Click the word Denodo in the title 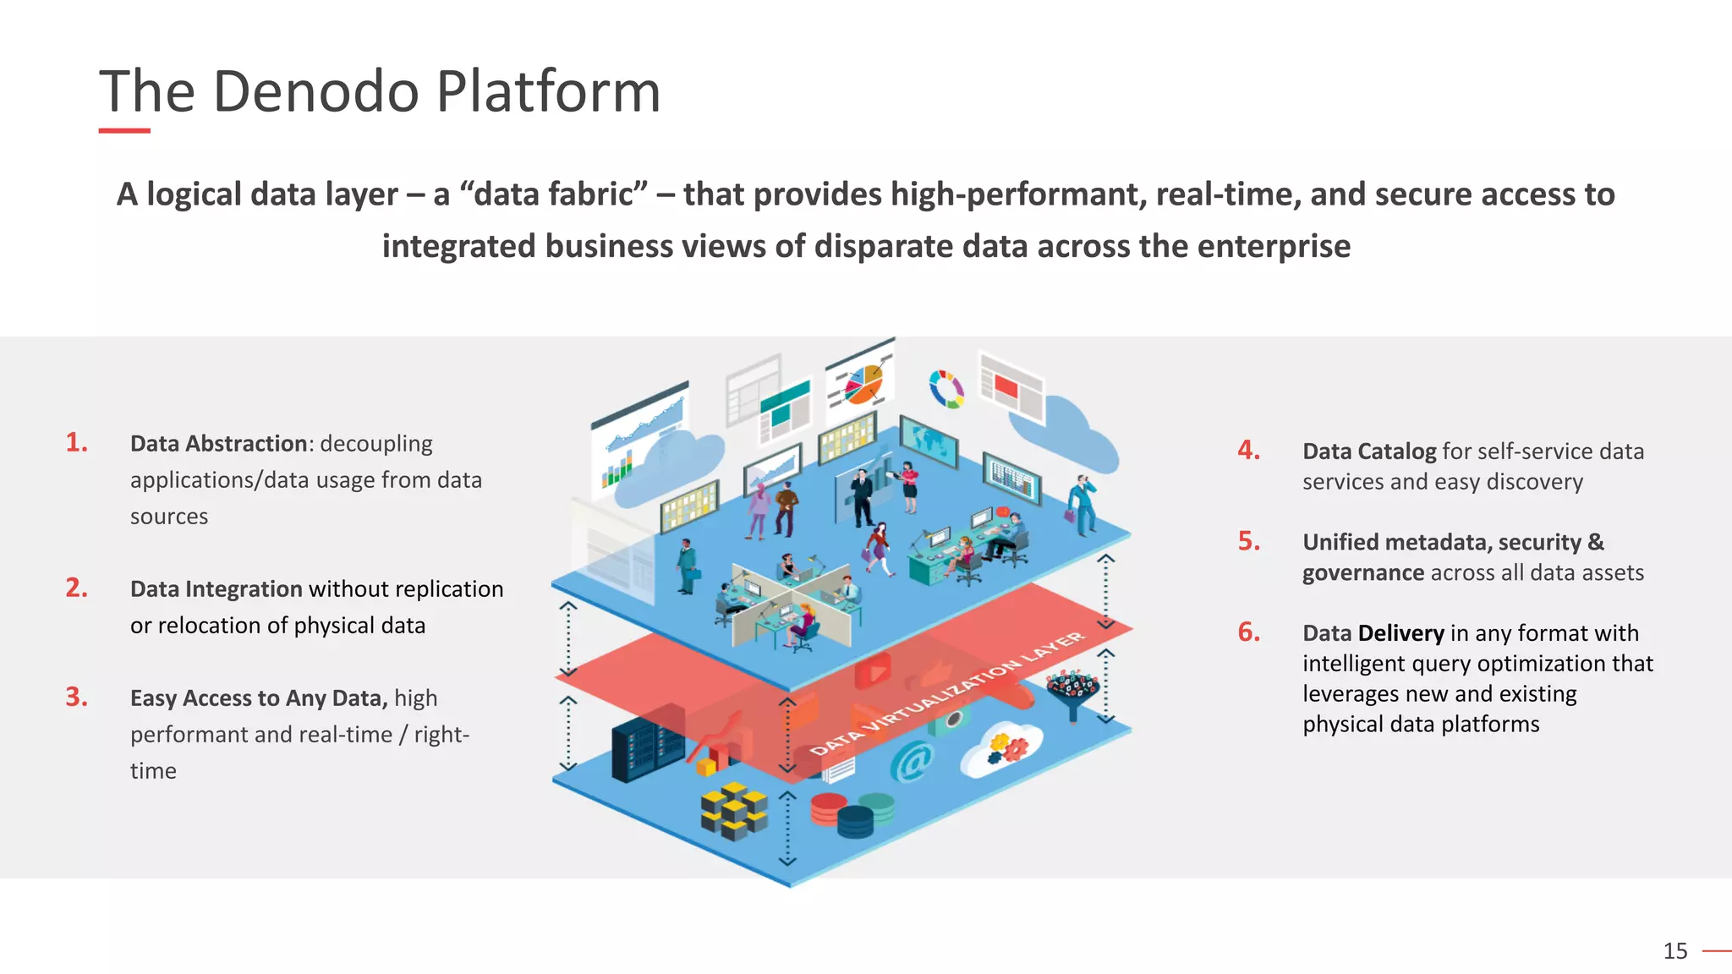315,91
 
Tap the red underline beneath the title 124,131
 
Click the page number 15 1674,951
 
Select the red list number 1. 76,442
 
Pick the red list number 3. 76,697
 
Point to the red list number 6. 1248,632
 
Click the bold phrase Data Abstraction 218,444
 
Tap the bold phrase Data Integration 216,589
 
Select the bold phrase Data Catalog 1368,451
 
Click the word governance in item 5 1363,573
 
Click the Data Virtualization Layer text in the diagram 947,693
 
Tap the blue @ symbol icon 912,761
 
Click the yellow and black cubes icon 733,810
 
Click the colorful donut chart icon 946,389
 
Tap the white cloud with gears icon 1003,749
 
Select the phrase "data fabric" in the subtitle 553,194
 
